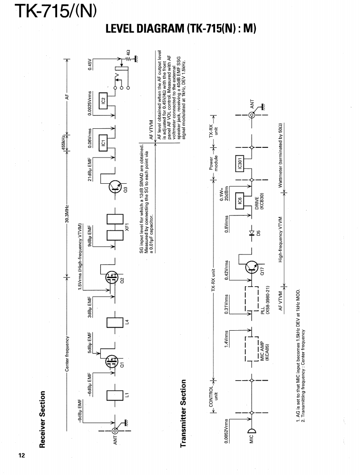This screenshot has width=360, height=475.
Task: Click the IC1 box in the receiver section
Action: coord(103,142)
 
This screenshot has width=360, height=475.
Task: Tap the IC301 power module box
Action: coord(239,163)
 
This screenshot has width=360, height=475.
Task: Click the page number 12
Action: coord(22,456)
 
